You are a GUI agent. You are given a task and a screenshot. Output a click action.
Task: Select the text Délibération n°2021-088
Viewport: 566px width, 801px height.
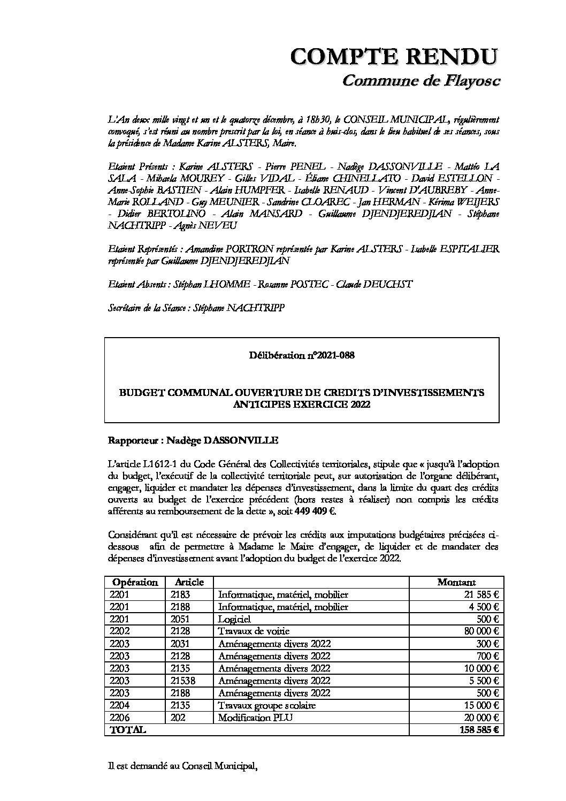[302, 355]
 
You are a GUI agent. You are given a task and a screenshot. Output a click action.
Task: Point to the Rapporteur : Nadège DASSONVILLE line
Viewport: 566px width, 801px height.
[193, 440]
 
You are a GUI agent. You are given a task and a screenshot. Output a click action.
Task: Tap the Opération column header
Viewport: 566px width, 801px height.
[135, 582]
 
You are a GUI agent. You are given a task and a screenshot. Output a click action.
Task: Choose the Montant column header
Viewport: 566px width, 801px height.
[456, 582]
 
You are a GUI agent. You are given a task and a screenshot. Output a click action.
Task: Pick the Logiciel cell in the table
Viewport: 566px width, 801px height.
[234, 619]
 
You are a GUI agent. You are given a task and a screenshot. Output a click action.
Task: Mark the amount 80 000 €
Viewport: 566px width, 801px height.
[481, 631]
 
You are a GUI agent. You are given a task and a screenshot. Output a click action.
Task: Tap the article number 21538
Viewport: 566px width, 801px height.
[183, 681]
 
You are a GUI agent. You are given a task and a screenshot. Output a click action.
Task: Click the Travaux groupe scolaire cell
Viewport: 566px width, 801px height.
[266, 705]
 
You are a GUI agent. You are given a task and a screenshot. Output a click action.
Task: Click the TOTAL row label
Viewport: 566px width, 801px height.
[127, 730]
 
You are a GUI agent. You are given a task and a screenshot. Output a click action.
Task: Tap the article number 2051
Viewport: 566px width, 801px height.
[180, 619]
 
